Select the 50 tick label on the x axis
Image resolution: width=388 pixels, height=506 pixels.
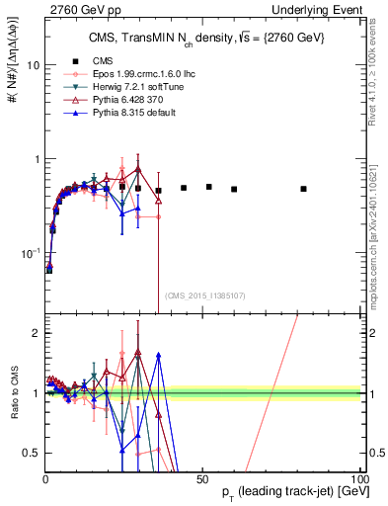click(201, 477)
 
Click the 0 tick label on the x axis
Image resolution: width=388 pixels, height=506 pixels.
click(45, 477)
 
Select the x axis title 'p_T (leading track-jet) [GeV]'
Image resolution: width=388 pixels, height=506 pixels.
click(280, 492)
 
